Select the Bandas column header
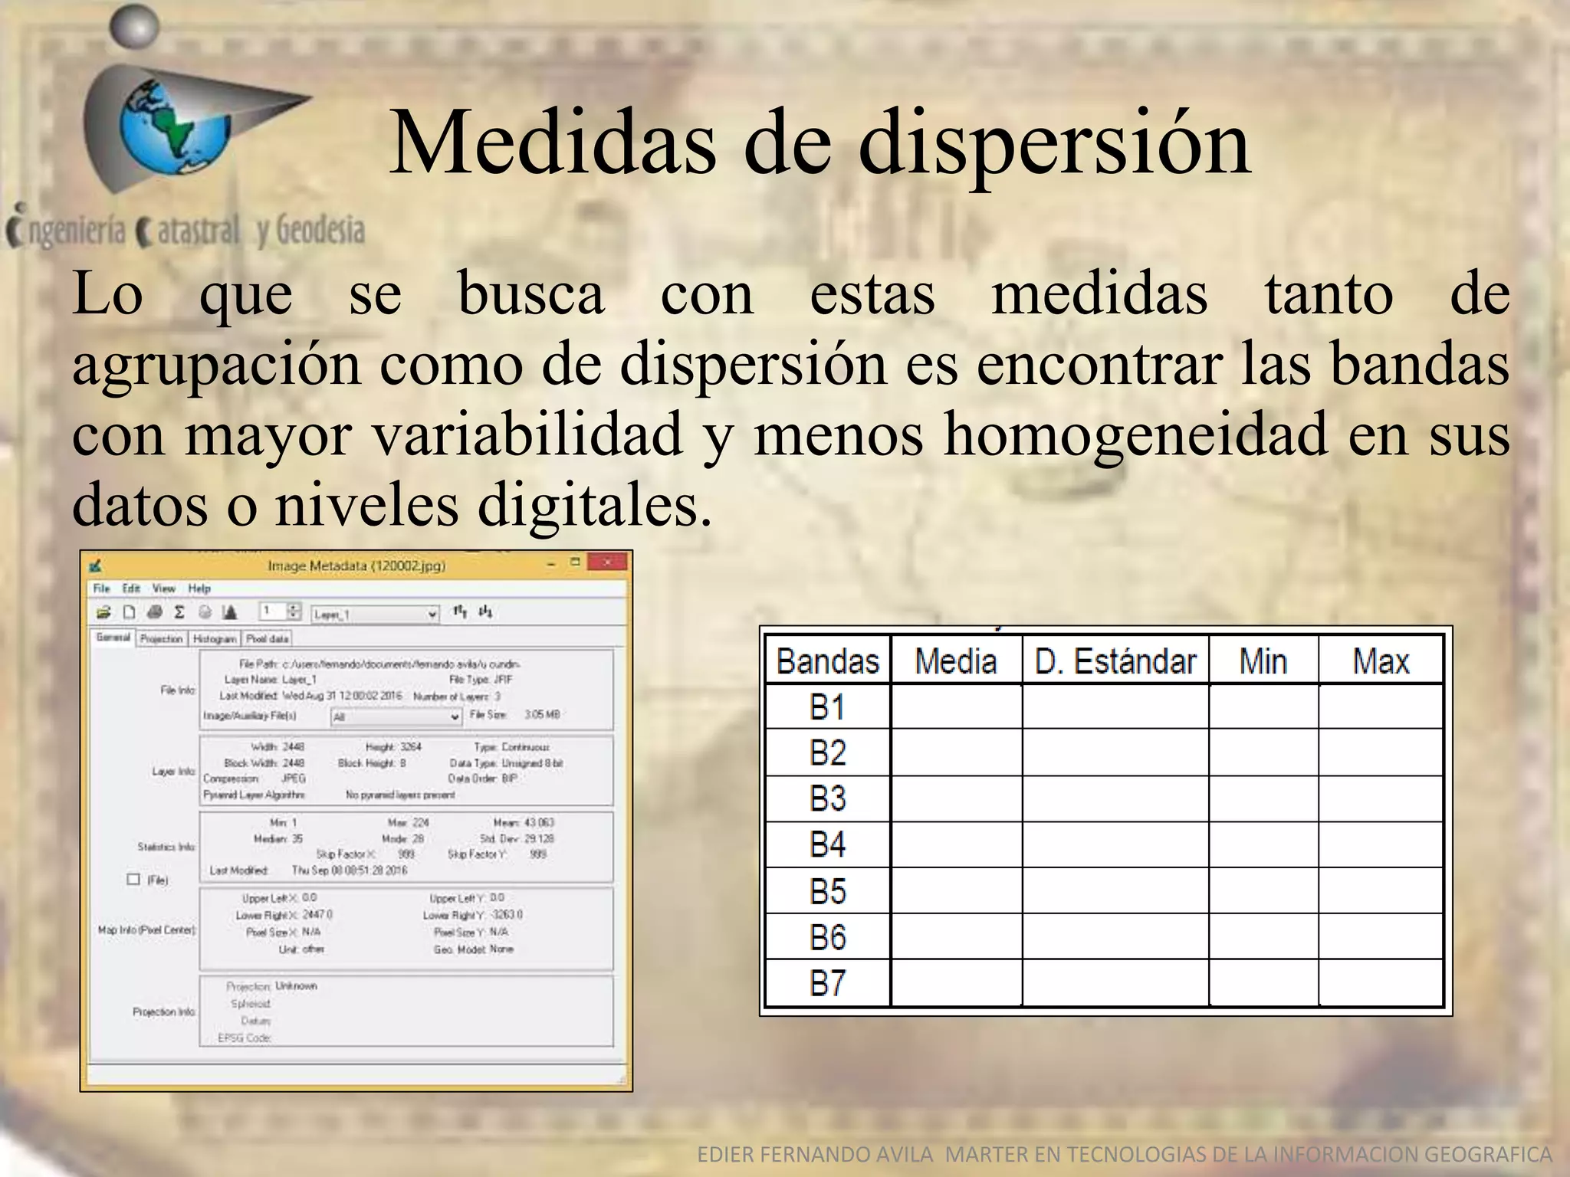827,661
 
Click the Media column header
955,661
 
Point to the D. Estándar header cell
1115,661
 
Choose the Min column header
1263,661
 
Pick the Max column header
1380,661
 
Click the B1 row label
827,707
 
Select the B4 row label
827,845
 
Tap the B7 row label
827,983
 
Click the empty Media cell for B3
956,799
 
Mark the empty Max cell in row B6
1380,936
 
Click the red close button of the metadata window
607,563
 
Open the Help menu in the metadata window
199,588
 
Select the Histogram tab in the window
214,638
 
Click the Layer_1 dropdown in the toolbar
375,614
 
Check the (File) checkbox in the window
134,879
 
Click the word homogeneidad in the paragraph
1135,434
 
